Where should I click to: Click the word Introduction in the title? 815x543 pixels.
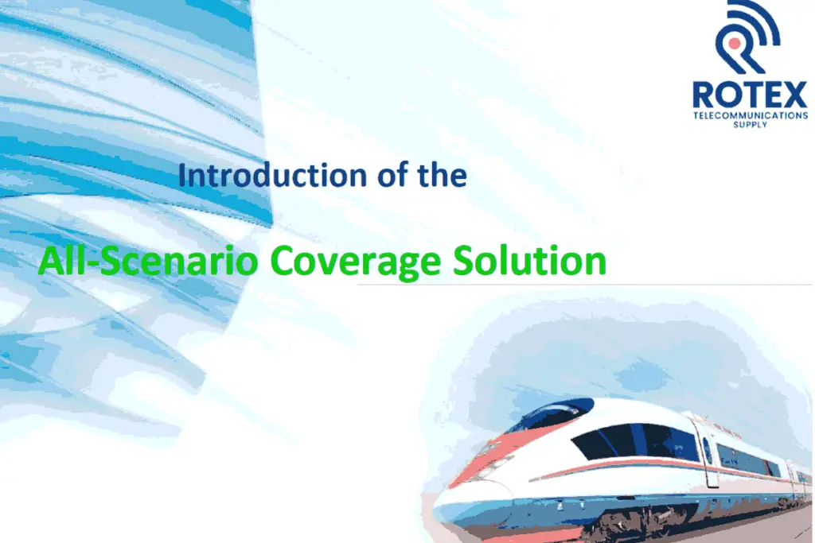pos(273,175)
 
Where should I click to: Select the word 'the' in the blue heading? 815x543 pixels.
pos(442,175)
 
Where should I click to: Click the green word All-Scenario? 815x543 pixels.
pos(148,260)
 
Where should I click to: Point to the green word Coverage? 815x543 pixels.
pos(356,262)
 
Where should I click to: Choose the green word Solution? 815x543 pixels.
pos(529,260)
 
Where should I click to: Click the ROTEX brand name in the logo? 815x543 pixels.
pos(750,95)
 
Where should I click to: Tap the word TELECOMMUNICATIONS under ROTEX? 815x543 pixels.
pos(751,115)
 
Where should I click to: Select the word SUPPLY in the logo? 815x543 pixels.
pos(750,125)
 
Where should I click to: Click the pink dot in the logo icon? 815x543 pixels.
pos(735,43)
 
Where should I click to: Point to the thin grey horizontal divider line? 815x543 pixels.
pos(585,285)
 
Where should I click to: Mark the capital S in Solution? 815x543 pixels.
pos(463,260)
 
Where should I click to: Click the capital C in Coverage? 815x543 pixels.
pos(283,261)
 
